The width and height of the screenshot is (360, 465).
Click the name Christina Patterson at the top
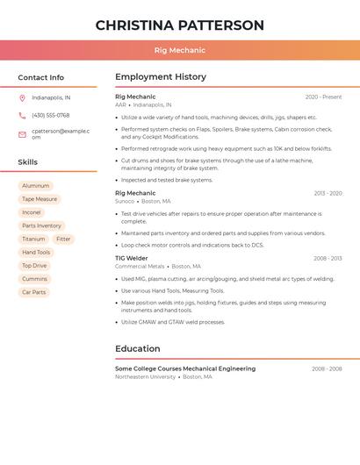click(x=180, y=25)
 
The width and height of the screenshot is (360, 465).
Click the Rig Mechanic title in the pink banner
click(x=180, y=50)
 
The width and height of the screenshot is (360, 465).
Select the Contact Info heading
click(x=41, y=77)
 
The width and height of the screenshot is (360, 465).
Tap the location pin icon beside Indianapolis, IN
click(x=22, y=97)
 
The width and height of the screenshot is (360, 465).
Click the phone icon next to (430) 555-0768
click(x=22, y=115)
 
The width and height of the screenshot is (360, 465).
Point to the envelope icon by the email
click(x=22, y=134)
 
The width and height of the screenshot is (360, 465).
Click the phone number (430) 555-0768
click(x=51, y=115)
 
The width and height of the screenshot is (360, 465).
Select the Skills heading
click(x=28, y=162)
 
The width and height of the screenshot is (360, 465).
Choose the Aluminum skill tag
click(x=36, y=186)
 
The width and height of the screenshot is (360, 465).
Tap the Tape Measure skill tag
click(x=40, y=199)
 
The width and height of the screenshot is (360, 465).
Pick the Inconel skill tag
click(x=32, y=212)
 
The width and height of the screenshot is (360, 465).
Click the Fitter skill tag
click(x=63, y=239)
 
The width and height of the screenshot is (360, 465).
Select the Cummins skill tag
click(x=35, y=279)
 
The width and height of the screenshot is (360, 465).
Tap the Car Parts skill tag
click(x=34, y=292)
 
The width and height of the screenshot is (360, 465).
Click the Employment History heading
click(x=161, y=77)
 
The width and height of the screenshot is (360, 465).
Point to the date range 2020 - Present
click(x=323, y=97)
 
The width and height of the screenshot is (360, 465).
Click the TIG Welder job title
click(x=132, y=258)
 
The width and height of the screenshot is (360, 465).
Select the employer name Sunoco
click(x=125, y=201)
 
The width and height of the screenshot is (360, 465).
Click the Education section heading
click(x=138, y=348)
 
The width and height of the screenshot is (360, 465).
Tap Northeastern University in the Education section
click(x=145, y=376)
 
